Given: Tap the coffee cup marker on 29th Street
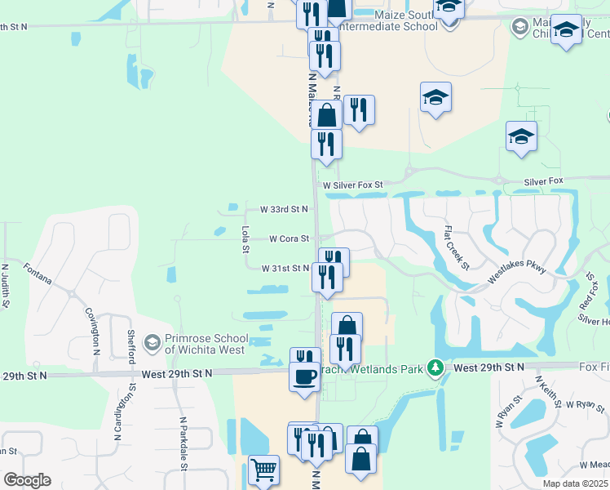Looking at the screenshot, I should point(305,376).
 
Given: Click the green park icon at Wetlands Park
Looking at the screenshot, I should point(436,368).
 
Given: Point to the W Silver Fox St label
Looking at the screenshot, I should point(352,185).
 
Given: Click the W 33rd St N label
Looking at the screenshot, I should point(285,210).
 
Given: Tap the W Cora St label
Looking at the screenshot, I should point(290,239).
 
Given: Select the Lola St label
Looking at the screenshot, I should point(245,239).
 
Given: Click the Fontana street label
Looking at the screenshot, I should point(38,274).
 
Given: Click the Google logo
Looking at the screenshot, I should point(27,480).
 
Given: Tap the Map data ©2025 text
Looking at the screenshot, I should point(574,483).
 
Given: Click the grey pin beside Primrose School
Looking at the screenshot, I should point(151,342).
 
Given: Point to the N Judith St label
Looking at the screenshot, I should point(5,285).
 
